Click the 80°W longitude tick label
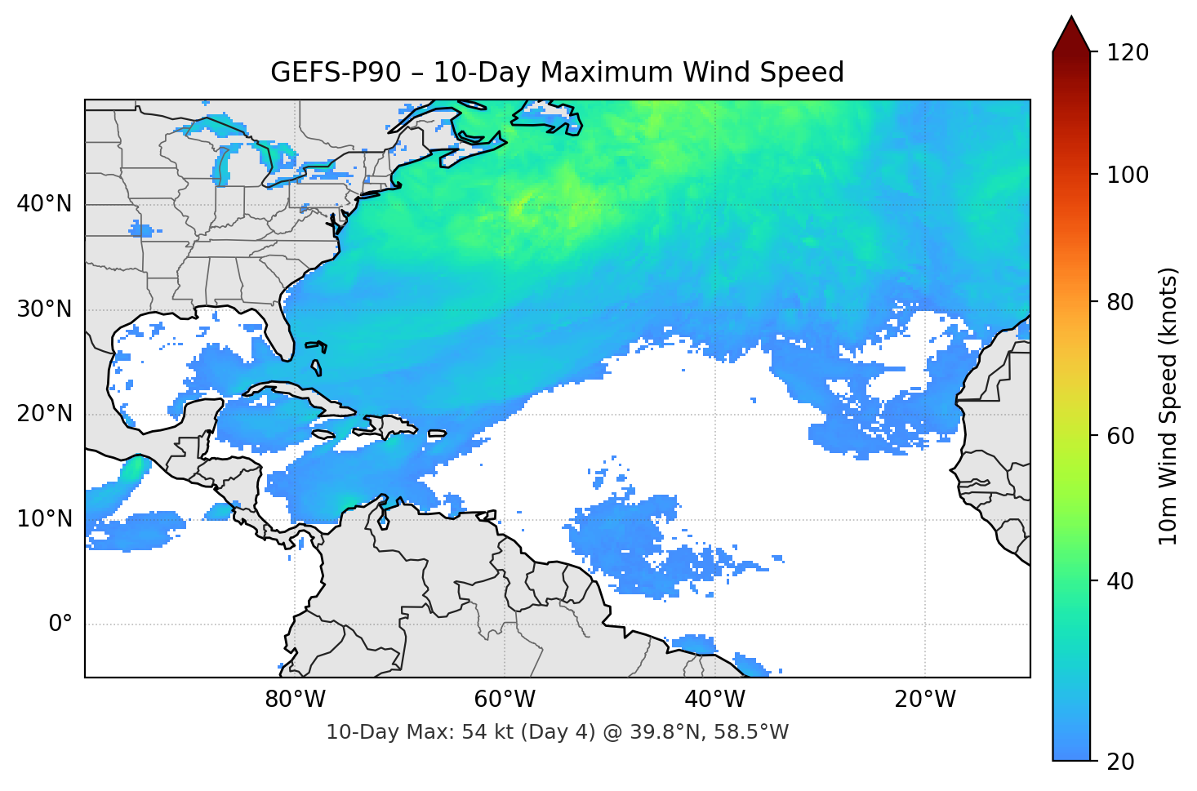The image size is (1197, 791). click(295, 700)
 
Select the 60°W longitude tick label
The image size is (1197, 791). click(505, 700)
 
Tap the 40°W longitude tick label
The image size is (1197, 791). click(714, 700)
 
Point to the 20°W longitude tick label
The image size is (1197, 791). click(924, 700)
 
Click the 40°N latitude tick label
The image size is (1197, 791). click(44, 204)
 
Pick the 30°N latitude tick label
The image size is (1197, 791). click(44, 309)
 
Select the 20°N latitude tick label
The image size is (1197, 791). click(44, 414)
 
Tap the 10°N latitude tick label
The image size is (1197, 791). click(44, 519)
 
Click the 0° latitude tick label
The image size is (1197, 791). click(60, 624)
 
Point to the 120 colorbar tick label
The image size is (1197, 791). click(1127, 53)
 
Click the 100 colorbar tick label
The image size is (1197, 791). click(1127, 175)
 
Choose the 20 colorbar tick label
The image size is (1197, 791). click(1120, 762)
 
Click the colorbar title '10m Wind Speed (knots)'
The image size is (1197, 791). click(1168, 406)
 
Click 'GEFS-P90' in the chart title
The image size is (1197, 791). click(336, 73)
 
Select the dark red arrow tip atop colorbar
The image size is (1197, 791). click(1071, 33)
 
